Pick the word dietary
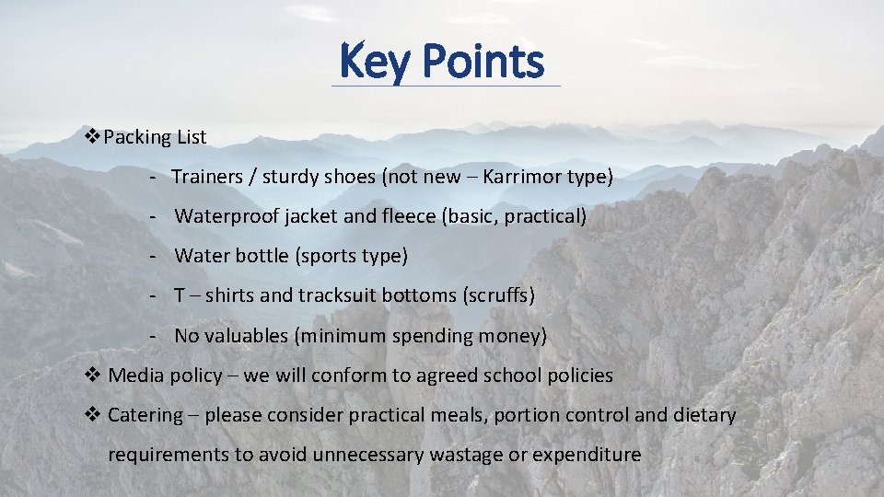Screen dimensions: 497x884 [x=704, y=414]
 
